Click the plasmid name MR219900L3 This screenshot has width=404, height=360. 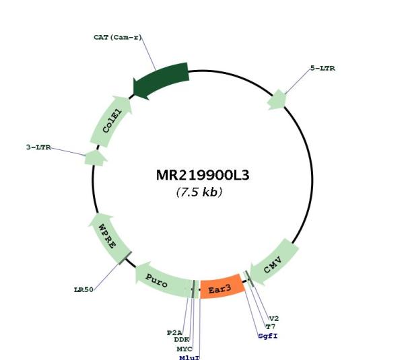pyautogui.click(x=203, y=176)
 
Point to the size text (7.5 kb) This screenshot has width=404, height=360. pyautogui.click(x=199, y=192)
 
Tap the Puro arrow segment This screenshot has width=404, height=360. pyautogui.click(x=162, y=281)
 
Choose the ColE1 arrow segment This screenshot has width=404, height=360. pyautogui.click(x=111, y=121)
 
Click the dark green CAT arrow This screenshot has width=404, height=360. pyautogui.click(x=161, y=80)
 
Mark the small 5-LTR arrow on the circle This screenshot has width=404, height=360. pyautogui.click(x=277, y=100)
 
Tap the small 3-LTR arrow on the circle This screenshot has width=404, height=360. pyautogui.click(x=96, y=158)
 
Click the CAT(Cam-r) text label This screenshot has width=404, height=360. pyautogui.click(x=118, y=38)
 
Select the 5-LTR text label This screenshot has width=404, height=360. pyautogui.click(x=323, y=68)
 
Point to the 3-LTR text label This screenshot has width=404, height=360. pyautogui.click(x=38, y=147)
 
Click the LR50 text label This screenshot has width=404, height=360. pyautogui.click(x=83, y=290)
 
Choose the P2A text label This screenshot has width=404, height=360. pyautogui.click(x=174, y=332)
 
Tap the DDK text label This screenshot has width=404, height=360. pyautogui.click(x=182, y=340)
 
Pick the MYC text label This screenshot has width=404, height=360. pyautogui.click(x=184, y=349)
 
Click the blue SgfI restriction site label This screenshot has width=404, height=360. pyautogui.click(x=268, y=336)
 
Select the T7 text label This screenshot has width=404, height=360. pyautogui.click(x=271, y=327)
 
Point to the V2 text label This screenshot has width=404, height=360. pyautogui.click(x=274, y=318)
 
